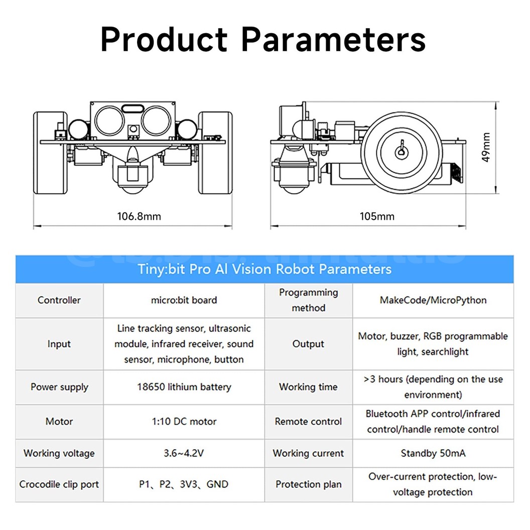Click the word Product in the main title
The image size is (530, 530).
(164, 40)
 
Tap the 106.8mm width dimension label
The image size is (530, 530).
(139, 216)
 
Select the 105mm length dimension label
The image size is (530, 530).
(377, 216)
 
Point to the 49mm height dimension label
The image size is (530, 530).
(485, 147)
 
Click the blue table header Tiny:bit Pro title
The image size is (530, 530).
(264, 269)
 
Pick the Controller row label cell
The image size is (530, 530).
(59, 300)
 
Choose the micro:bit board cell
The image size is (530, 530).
(184, 300)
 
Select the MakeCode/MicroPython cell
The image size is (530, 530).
(433, 300)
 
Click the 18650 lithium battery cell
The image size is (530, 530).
(184, 387)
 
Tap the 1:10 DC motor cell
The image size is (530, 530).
(184, 422)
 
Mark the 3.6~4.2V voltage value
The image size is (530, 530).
(184, 453)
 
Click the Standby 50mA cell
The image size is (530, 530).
(433, 453)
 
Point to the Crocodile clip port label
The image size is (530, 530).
(59, 484)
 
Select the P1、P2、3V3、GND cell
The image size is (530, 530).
(184, 484)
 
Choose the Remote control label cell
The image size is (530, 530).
(308, 422)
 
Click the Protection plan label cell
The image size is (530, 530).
(308, 484)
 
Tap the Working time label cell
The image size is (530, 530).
(308, 387)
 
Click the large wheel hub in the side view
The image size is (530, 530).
(402, 152)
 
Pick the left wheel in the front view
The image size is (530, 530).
(50, 153)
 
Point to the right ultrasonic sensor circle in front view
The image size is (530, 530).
(156, 120)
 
